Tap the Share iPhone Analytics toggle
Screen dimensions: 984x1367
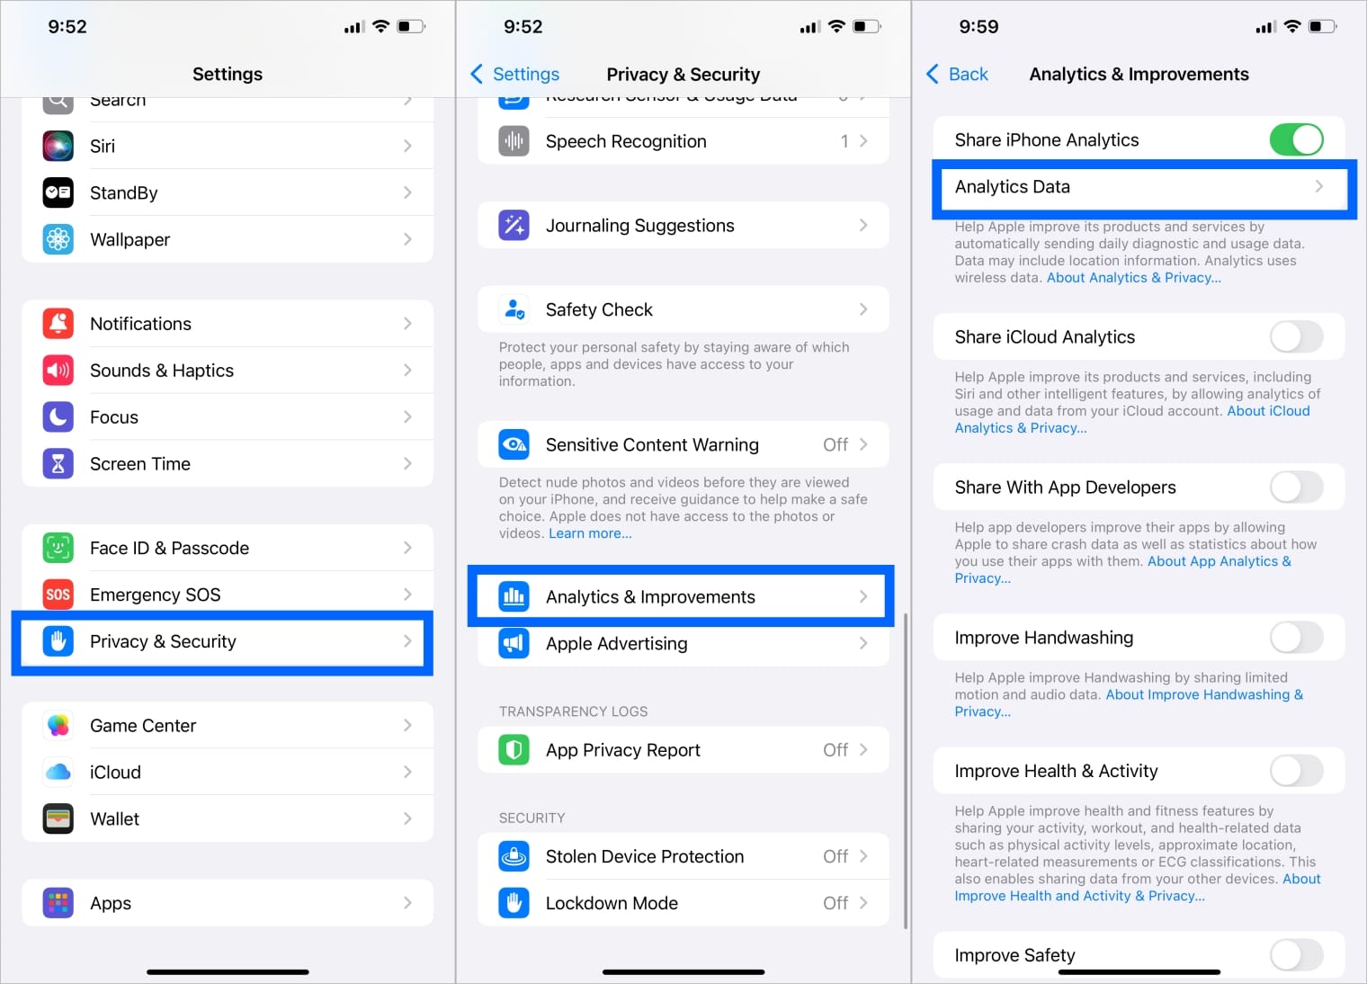click(1295, 139)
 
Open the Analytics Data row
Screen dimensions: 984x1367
click(1139, 187)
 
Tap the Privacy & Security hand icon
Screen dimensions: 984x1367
click(58, 641)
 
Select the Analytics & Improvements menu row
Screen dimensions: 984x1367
click(682, 596)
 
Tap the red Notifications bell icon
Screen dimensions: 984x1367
click(58, 324)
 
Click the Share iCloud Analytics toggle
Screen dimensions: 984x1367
click(1295, 337)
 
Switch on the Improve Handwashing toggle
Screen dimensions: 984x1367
click(1295, 638)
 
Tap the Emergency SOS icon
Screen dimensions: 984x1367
click(58, 595)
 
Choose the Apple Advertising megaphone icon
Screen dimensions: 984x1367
click(514, 643)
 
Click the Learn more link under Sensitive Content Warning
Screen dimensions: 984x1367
click(590, 533)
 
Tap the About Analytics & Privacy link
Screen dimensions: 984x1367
click(1133, 278)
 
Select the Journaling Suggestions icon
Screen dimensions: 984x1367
click(514, 226)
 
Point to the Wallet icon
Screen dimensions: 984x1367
click(58, 819)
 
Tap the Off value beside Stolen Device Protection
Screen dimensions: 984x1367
click(835, 856)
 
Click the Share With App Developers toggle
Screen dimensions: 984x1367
click(1295, 488)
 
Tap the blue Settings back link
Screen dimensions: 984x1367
click(514, 74)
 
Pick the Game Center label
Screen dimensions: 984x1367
click(143, 726)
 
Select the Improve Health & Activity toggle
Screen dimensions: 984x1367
click(1295, 771)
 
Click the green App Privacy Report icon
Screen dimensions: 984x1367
click(514, 750)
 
